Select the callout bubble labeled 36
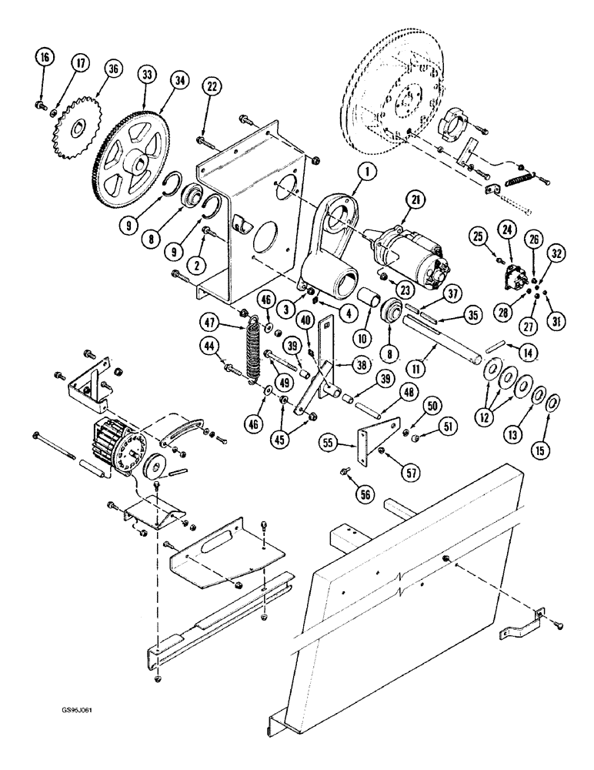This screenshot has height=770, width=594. pyautogui.click(x=114, y=69)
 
